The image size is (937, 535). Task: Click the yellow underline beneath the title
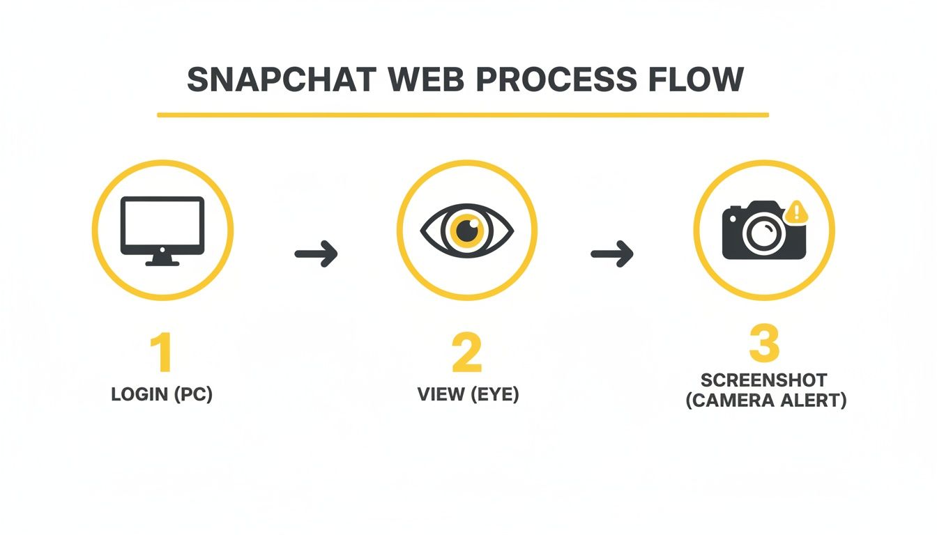[463, 114]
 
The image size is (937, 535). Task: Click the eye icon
[466, 230]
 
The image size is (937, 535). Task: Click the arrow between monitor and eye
[316, 253]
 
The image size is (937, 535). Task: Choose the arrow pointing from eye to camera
[612, 253]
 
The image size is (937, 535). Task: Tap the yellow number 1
[162, 353]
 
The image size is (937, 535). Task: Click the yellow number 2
[466, 353]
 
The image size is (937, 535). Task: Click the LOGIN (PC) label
[162, 394]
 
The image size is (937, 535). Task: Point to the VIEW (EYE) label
[468, 394]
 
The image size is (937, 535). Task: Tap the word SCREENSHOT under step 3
[764, 380]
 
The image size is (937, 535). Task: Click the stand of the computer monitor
[162, 260]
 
